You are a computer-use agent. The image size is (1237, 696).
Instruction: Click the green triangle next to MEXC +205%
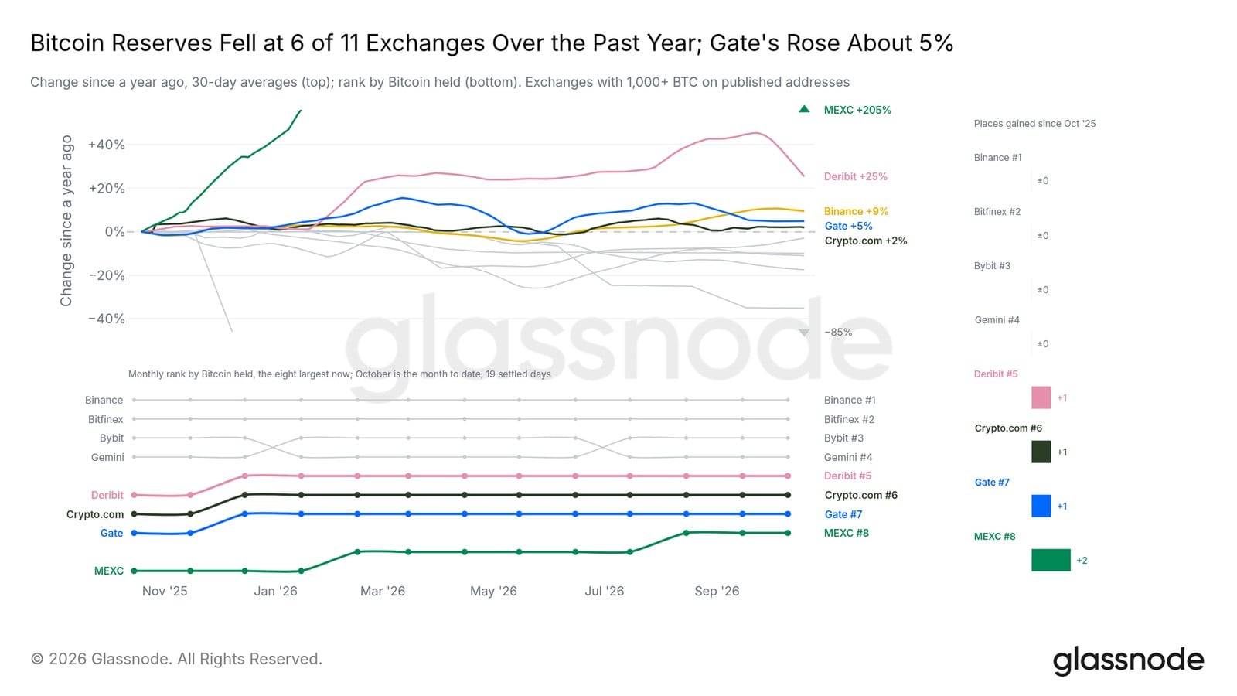click(804, 109)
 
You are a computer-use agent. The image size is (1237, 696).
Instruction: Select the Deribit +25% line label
click(855, 177)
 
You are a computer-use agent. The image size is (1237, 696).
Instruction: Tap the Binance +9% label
click(856, 212)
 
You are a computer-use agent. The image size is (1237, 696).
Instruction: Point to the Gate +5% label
click(848, 226)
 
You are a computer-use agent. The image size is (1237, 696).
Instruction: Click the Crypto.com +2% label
click(865, 241)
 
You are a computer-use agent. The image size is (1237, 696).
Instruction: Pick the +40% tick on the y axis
click(107, 145)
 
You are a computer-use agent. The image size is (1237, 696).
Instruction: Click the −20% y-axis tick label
click(107, 275)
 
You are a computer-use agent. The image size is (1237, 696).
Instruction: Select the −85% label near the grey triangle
click(838, 332)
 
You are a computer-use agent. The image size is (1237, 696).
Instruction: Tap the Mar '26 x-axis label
click(383, 591)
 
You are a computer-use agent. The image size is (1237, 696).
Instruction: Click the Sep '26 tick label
click(717, 591)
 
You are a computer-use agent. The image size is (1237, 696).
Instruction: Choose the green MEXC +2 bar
click(1051, 560)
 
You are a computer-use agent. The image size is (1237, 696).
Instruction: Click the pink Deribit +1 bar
click(1041, 397)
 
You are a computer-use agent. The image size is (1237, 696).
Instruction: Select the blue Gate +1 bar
click(1041, 506)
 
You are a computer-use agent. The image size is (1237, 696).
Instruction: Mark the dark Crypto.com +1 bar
click(1041, 452)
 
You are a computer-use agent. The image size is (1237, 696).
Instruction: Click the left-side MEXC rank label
click(109, 571)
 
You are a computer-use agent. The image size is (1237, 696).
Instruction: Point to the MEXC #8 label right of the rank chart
click(846, 533)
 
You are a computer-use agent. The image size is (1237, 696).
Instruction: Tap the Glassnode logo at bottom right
click(1128, 660)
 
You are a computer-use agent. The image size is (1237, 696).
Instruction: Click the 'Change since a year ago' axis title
click(66, 221)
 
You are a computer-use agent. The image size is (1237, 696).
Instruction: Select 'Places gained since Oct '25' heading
click(1034, 124)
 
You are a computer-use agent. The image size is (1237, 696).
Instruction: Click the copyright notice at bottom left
click(176, 659)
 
